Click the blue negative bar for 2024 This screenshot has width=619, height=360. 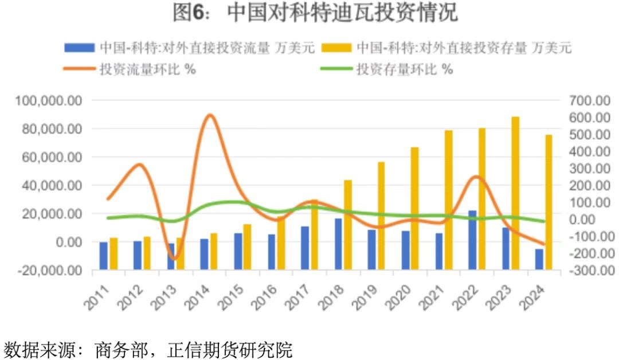(539, 259)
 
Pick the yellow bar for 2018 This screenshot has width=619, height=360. (348, 224)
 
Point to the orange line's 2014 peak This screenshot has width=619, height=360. (210, 116)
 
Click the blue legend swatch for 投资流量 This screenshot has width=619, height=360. (80, 48)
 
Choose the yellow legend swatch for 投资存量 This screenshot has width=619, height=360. (336, 48)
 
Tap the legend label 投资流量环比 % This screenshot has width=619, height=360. (148, 70)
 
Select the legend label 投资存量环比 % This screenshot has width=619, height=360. (405, 70)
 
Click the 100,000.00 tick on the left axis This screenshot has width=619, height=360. (49, 101)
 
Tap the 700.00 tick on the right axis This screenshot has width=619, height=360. (590, 101)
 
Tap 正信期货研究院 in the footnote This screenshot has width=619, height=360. (229, 349)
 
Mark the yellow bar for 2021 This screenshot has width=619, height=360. (449, 199)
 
